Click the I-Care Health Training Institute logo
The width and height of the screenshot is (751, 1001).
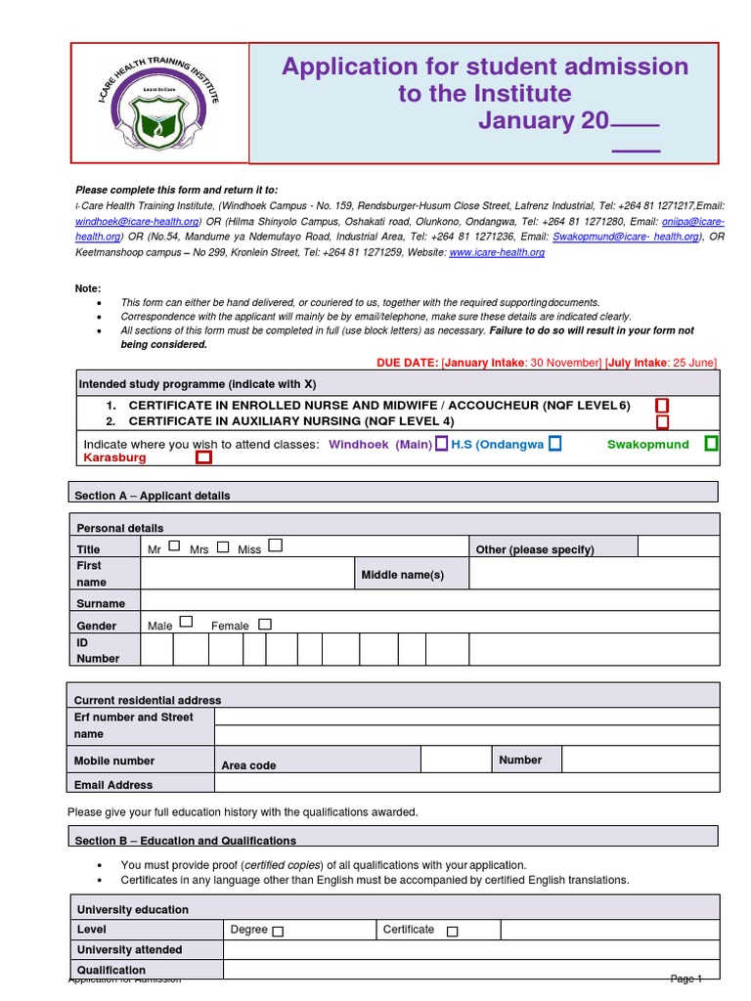click(x=158, y=104)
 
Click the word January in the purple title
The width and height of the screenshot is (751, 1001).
click(x=542, y=120)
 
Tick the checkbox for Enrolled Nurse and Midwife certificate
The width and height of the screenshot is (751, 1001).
click(x=662, y=405)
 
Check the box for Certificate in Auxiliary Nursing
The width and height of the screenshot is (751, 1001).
click(x=662, y=422)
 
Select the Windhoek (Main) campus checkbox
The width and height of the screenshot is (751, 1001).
click(x=442, y=444)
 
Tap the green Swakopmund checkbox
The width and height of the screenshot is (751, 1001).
click(x=711, y=444)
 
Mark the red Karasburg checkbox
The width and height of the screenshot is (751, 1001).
click(x=203, y=457)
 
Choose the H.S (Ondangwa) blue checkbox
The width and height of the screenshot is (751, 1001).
click(x=555, y=444)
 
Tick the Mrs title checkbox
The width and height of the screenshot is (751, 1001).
click(x=223, y=546)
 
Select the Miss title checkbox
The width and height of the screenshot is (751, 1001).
click(x=275, y=544)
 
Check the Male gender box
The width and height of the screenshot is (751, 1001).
click(x=186, y=622)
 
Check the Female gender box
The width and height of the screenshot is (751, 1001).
click(x=264, y=624)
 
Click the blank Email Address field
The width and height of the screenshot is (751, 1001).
click(x=465, y=783)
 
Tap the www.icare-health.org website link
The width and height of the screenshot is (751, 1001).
click(x=496, y=252)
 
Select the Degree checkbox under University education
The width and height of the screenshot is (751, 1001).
click(x=278, y=932)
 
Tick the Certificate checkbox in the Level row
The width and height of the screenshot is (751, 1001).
click(x=452, y=932)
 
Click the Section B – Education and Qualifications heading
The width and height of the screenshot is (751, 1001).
click(x=186, y=840)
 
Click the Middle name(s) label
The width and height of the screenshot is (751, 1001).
click(x=403, y=574)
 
